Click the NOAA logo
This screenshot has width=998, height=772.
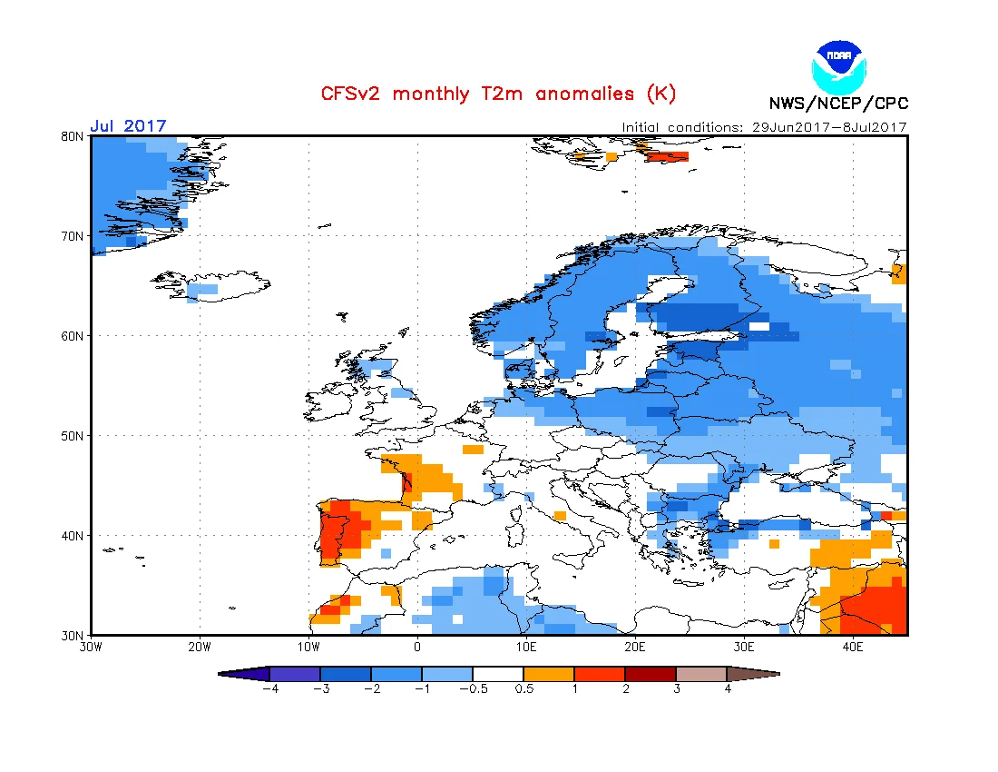coord(839,67)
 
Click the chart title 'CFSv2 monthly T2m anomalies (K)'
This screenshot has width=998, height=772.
coord(498,94)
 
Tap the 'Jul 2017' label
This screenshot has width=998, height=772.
coord(128,125)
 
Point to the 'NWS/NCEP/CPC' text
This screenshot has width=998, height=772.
coord(838,104)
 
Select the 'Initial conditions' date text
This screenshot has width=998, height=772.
coord(764,127)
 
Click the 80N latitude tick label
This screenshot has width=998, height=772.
coord(73,136)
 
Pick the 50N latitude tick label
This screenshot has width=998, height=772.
coord(73,436)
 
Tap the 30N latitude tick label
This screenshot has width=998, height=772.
coord(73,636)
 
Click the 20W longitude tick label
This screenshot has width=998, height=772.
coord(200,648)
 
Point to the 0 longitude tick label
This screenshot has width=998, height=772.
coord(417,648)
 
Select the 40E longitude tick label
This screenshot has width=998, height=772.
coord(853,648)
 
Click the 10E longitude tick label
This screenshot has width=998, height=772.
coord(526,648)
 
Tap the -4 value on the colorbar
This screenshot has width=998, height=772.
coord(270,688)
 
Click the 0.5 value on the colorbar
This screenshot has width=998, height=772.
coord(523,688)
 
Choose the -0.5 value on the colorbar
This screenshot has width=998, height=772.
coord(474,688)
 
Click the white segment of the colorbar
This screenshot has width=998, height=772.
coord(498,674)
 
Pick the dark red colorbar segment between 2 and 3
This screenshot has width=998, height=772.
coord(651,674)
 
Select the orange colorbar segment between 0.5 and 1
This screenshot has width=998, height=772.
coord(549,674)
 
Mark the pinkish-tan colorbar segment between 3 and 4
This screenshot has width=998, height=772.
coord(701,674)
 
